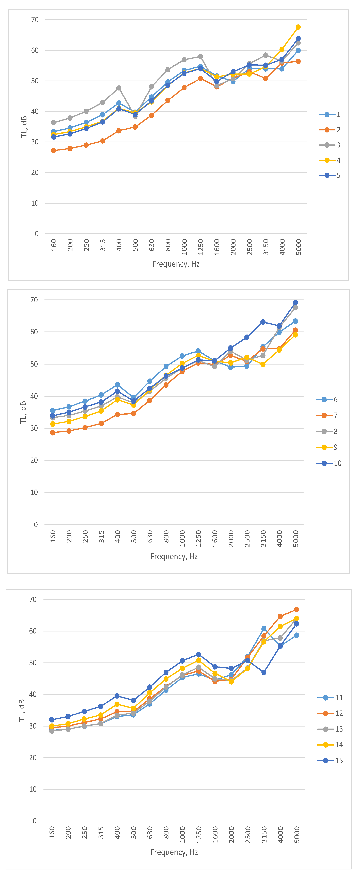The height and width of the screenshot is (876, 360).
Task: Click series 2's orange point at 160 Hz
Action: pyautogui.click(x=54, y=151)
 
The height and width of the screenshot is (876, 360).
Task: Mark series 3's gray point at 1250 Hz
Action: pyautogui.click(x=201, y=56)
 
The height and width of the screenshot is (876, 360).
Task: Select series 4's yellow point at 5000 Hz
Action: pyautogui.click(x=298, y=27)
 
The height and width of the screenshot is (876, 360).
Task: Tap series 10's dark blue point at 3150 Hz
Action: pyautogui.click(x=263, y=322)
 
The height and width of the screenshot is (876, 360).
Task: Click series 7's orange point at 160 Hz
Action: pyautogui.click(x=53, y=433)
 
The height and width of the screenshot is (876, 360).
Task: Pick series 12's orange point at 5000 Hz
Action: pyautogui.click(x=296, y=609)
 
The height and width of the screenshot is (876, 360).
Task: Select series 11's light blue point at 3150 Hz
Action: pyautogui.click(x=264, y=629)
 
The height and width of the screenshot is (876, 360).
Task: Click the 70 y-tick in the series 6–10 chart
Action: pyautogui.click(x=34, y=300)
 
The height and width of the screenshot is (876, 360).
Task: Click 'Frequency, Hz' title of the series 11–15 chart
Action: pyautogui.click(x=174, y=852)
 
